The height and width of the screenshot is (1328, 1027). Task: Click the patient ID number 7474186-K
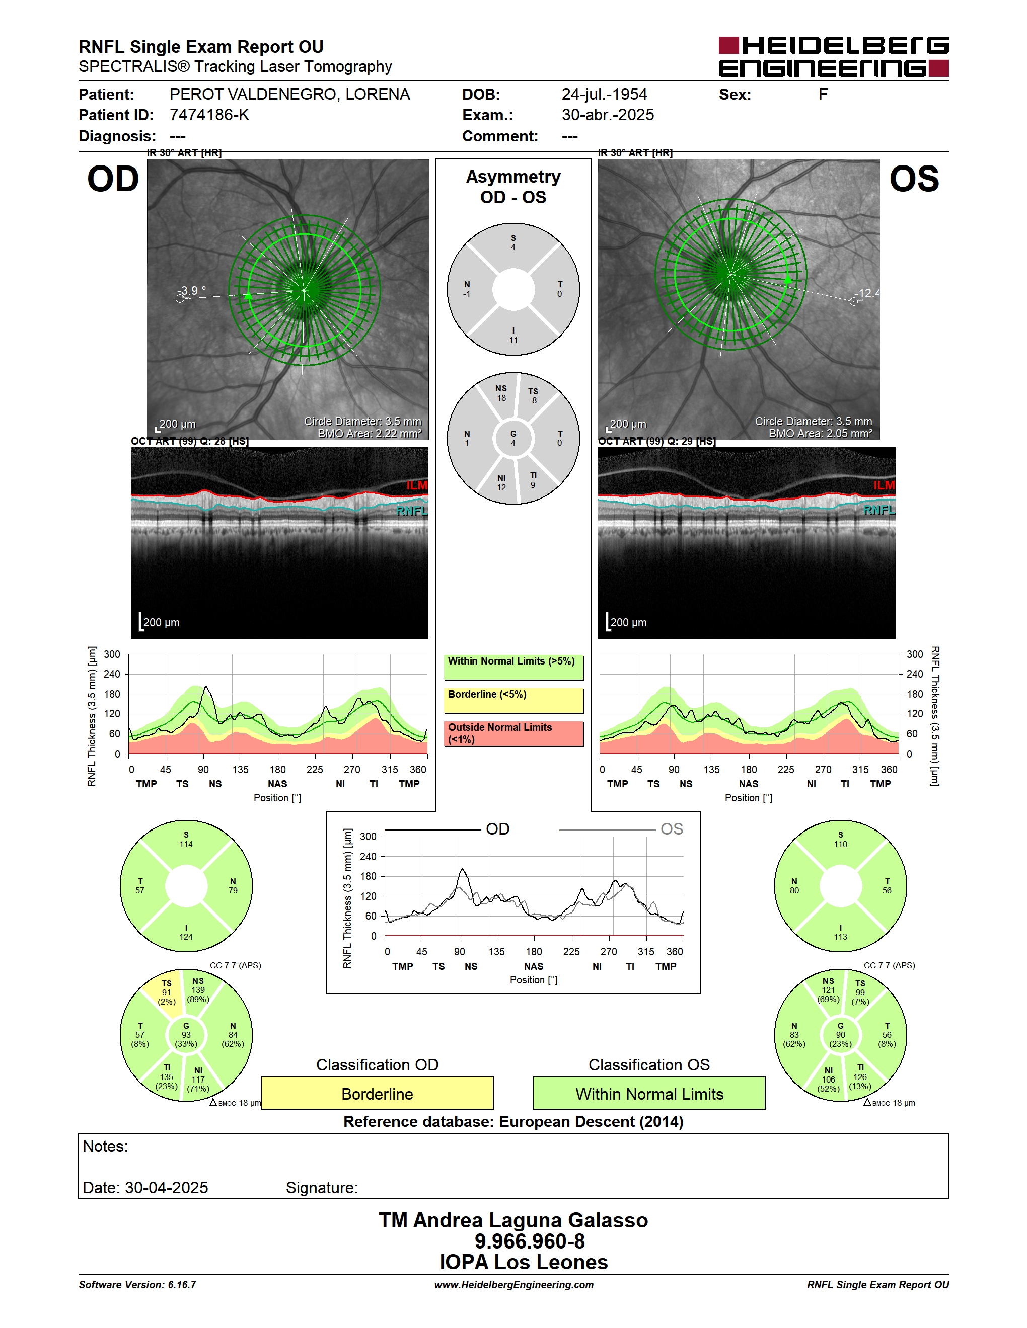point(209,115)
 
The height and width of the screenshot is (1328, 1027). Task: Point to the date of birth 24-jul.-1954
point(604,94)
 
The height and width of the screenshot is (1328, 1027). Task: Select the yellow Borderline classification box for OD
point(377,1093)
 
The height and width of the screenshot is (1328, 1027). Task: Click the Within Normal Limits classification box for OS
point(649,1093)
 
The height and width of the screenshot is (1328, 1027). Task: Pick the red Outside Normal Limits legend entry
point(513,733)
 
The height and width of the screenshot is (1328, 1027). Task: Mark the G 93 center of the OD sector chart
point(186,1035)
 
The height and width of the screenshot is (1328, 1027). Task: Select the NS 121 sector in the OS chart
point(828,990)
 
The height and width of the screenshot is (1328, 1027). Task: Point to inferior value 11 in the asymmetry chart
point(513,341)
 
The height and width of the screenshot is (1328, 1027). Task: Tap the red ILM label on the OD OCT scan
point(417,485)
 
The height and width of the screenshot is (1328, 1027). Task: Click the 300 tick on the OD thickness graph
point(112,654)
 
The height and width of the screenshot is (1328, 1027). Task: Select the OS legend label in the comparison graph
point(672,829)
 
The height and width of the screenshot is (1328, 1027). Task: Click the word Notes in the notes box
point(105,1147)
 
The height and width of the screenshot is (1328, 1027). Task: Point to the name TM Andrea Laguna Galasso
point(513,1220)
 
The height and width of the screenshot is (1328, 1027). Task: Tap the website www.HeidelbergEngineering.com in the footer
point(513,1285)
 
